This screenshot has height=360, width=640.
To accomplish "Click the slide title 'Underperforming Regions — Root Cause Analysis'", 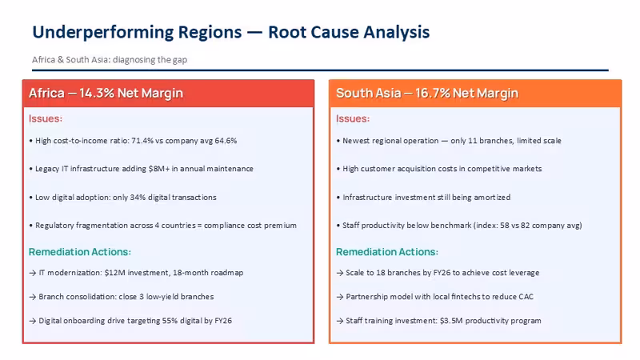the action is tap(231, 32).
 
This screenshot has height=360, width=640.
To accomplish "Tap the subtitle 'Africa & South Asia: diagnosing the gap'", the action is tap(110, 59).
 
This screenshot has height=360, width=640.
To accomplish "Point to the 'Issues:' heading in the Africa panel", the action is tap(46, 118).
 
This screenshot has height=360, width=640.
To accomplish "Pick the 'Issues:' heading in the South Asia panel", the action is tap(353, 118).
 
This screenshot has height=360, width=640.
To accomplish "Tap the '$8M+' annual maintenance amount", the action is tap(159, 169).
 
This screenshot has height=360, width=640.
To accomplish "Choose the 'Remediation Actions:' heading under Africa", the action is tap(79, 252).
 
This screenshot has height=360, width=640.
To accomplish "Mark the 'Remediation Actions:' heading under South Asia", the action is tap(387, 252).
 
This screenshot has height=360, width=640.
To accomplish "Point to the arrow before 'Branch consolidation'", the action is tap(33, 297).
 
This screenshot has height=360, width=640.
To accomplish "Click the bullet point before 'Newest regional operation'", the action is tap(338, 141).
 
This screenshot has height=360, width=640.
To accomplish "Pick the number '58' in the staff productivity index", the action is tap(505, 226).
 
